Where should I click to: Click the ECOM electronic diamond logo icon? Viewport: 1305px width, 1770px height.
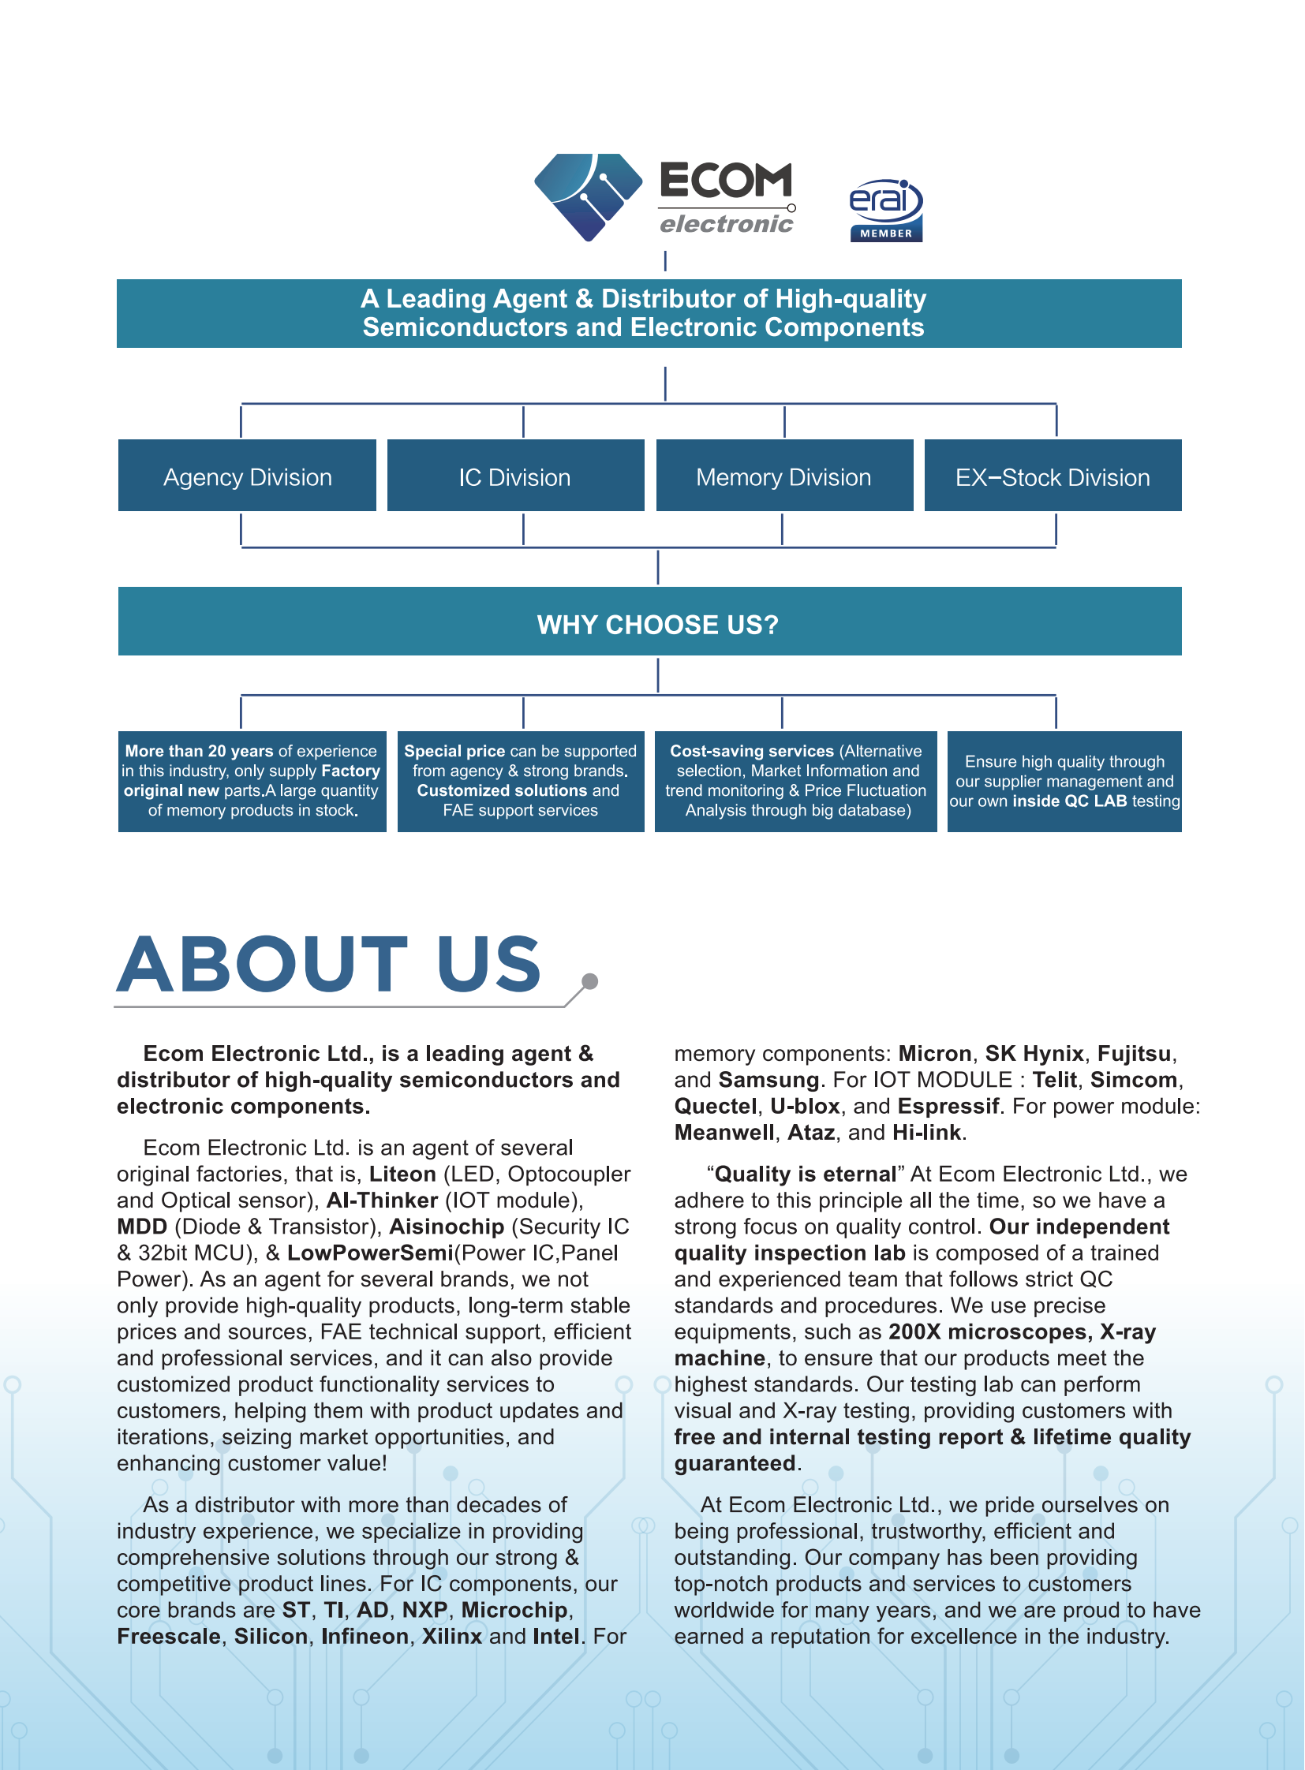point(588,196)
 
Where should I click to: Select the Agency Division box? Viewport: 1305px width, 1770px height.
point(247,476)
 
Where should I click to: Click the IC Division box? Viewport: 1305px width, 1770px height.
point(515,476)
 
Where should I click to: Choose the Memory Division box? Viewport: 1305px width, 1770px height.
point(783,476)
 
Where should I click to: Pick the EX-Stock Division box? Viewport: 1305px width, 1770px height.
point(1053,476)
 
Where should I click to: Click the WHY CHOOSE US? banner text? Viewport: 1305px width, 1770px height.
point(657,625)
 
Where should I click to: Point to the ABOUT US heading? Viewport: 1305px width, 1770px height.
point(330,965)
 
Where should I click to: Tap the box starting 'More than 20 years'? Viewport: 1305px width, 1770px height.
point(252,781)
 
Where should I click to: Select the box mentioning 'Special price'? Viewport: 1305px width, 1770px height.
point(521,781)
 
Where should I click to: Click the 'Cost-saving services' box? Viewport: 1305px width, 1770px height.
point(795,781)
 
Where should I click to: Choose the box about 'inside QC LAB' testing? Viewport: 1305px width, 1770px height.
point(1064,781)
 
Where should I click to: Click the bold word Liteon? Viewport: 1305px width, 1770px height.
point(402,1174)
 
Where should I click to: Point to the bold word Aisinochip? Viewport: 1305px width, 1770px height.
point(447,1227)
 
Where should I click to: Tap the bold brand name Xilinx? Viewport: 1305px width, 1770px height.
point(452,1636)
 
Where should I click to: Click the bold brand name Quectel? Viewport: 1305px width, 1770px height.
point(715,1106)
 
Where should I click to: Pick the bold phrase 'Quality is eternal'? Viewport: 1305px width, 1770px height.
point(805,1174)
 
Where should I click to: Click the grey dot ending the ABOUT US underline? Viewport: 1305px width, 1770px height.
point(589,982)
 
